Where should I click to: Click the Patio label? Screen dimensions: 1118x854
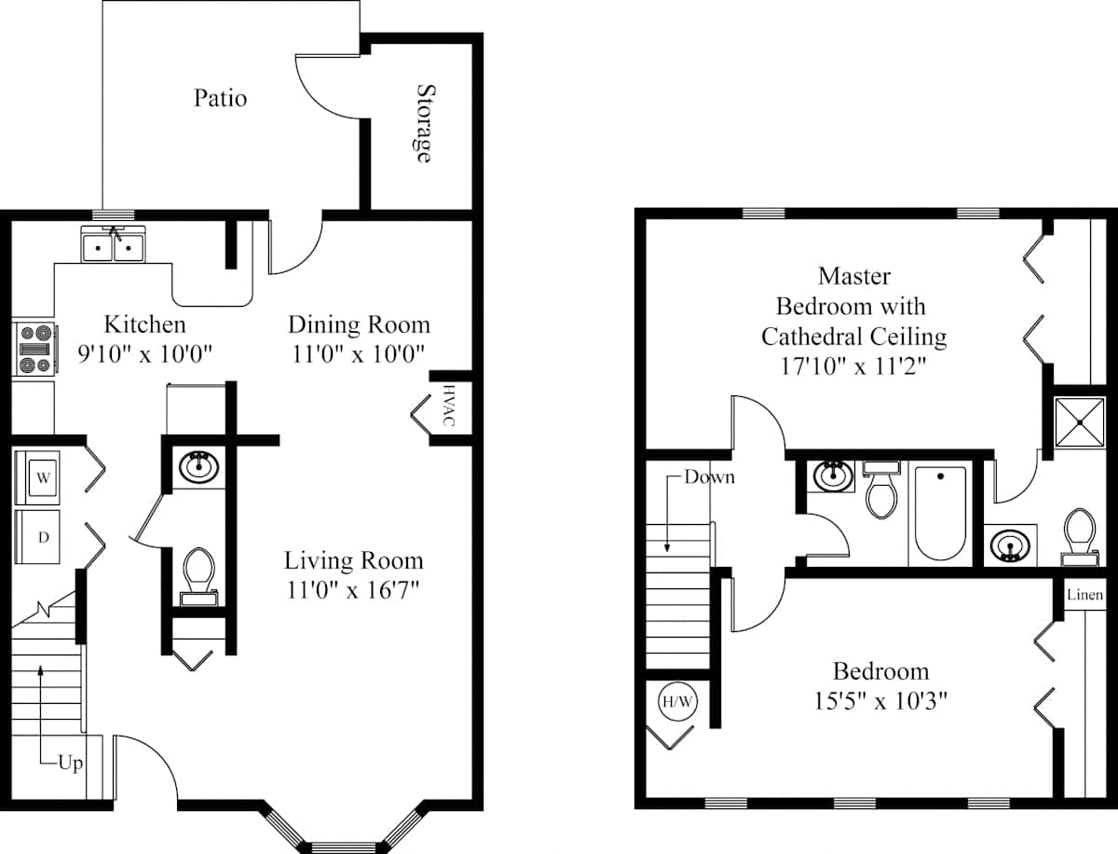coord(220,98)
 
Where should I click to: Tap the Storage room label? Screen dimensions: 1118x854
coord(425,123)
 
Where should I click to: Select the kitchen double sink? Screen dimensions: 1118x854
coord(114,244)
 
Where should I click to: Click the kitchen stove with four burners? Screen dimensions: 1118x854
coord(35,349)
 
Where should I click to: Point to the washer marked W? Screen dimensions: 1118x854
coord(37,477)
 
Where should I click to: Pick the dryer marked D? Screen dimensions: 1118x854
coord(37,537)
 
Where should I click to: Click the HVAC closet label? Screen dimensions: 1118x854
coord(449,405)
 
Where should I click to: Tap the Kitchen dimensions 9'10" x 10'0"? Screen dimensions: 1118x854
coord(144,353)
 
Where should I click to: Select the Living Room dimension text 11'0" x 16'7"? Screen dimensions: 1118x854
coord(353,590)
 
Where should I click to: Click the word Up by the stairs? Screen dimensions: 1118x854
coord(70,764)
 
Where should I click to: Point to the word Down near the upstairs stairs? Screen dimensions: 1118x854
coord(710,477)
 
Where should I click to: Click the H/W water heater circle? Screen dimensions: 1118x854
coord(677,702)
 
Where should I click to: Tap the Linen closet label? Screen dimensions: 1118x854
coord(1084,595)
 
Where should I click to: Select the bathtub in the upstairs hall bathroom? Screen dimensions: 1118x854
coord(940,513)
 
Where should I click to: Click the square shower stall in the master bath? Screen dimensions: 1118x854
coord(1080,423)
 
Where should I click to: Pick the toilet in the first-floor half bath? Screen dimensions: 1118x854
coord(198,577)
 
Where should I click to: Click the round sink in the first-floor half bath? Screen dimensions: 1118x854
coord(199,466)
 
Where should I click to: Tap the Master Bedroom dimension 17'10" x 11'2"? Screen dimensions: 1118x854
coord(853,365)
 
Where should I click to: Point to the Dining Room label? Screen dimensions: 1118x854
coord(359,324)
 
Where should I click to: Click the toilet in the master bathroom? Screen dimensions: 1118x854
coord(1080,537)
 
